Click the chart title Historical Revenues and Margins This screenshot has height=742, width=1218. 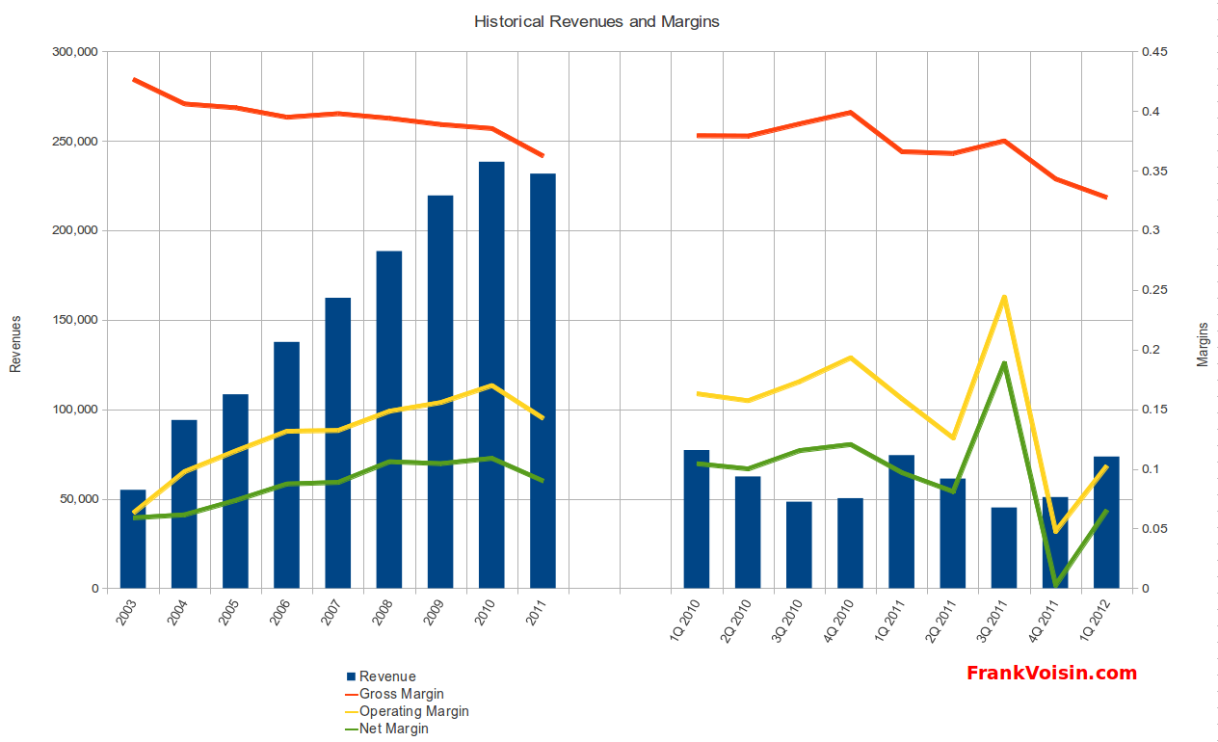click(596, 21)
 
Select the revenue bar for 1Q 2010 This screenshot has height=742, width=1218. click(697, 520)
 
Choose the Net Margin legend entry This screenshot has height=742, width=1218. click(393, 729)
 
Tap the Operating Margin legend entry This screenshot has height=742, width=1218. click(413, 711)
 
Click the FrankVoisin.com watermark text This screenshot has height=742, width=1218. click(1051, 674)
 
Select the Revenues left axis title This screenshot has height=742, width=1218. click(15, 343)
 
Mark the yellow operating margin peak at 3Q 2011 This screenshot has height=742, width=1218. click(1004, 297)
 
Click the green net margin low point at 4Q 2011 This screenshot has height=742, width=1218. click(1056, 584)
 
